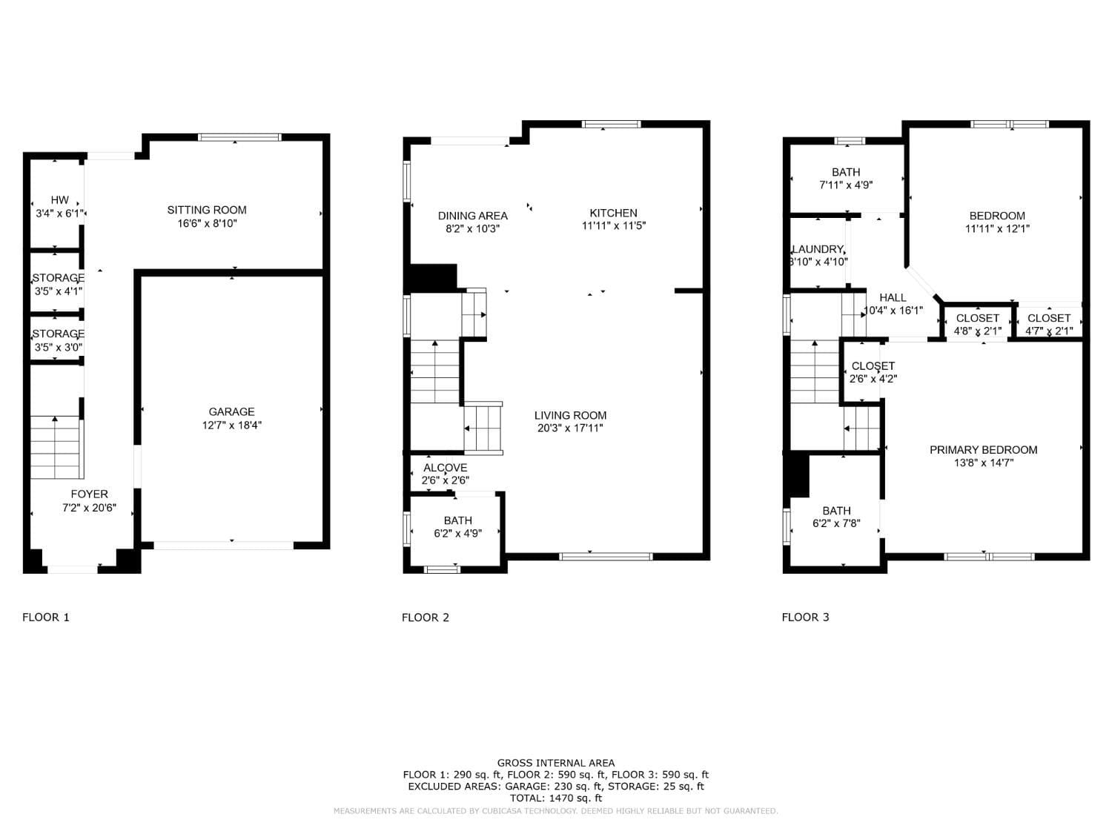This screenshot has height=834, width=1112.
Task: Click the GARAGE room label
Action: pyautogui.click(x=231, y=412)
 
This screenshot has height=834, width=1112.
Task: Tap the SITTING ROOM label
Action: pyautogui.click(x=207, y=211)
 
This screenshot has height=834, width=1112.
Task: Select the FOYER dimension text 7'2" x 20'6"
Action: pyautogui.click(x=89, y=508)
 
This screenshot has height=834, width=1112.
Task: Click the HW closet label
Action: pyautogui.click(x=59, y=200)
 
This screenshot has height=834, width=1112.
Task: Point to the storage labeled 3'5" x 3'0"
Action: pyautogui.click(x=58, y=340)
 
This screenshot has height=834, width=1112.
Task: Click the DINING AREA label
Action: pyautogui.click(x=472, y=216)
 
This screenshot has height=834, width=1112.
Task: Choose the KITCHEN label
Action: pyautogui.click(x=613, y=214)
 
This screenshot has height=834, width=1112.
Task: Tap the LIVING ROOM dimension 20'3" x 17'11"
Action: pyautogui.click(x=570, y=428)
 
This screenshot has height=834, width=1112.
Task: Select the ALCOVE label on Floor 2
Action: pyautogui.click(x=445, y=468)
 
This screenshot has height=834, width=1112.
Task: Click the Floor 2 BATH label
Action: pyautogui.click(x=457, y=520)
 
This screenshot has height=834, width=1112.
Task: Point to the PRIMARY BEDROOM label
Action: pyautogui.click(x=983, y=450)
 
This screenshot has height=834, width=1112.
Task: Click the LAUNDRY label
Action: pyautogui.click(x=818, y=249)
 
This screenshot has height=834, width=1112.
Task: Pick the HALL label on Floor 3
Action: pyautogui.click(x=893, y=297)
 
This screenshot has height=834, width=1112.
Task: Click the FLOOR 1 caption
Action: pyautogui.click(x=46, y=618)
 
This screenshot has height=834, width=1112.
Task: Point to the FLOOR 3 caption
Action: pyautogui.click(x=805, y=618)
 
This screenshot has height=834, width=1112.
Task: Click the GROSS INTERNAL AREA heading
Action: pyautogui.click(x=555, y=763)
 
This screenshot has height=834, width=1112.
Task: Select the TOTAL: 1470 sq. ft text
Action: pyautogui.click(x=555, y=798)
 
